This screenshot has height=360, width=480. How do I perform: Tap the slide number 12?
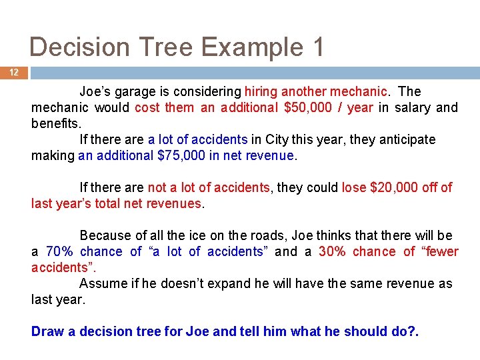(x=14, y=73)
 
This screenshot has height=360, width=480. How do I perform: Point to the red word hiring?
(x=261, y=91)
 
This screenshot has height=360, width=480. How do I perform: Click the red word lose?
(x=353, y=187)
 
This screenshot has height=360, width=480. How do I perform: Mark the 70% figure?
(x=59, y=251)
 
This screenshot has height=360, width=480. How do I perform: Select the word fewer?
(x=440, y=251)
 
